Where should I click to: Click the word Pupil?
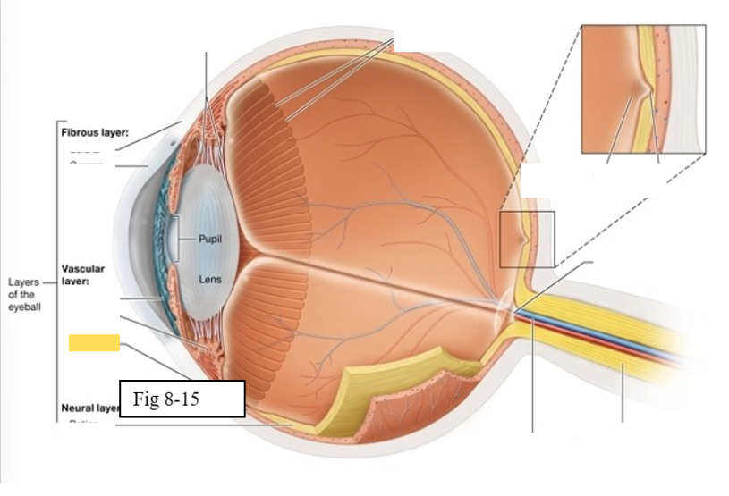click(x=212, y=240)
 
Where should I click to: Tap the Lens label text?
click(x=209, y=280)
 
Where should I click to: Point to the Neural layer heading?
click(x=89, y=408)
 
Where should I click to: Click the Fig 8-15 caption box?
click(x=182, y=399)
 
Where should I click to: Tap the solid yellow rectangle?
click(x=94, y=340)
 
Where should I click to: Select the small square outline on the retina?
click(x=527, y=239)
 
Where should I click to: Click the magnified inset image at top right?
click(x=643, y=88)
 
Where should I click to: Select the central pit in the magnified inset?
click(x=642, y=89)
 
